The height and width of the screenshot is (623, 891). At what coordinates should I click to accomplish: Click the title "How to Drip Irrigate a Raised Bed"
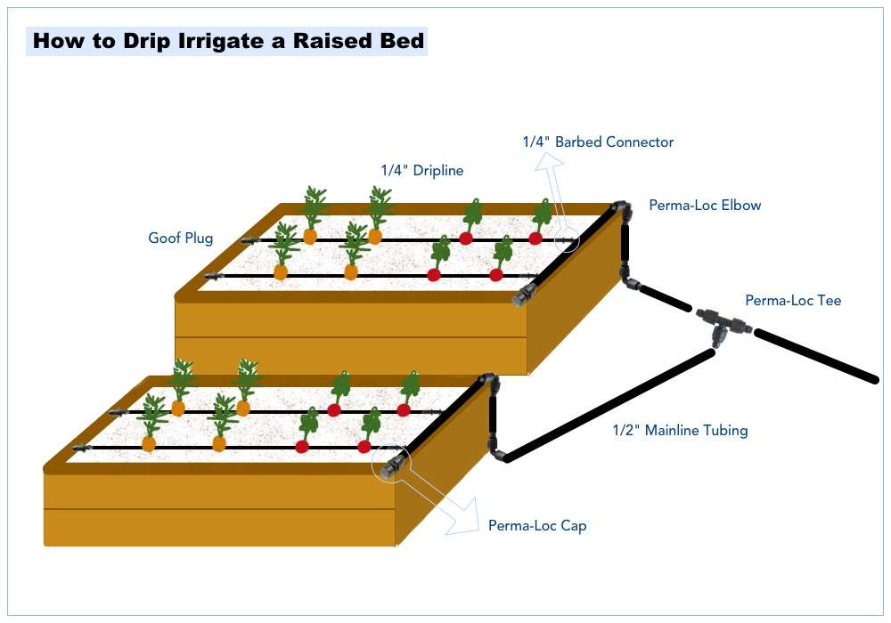pos(228,41)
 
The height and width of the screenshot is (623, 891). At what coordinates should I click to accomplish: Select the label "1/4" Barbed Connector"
pos(598,142)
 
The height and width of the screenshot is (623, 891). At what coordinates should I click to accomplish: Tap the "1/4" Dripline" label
pos(421,170)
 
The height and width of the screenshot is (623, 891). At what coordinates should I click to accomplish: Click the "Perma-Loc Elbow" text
pos(705,206)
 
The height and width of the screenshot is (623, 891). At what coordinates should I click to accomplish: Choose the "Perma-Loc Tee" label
pos(793,301)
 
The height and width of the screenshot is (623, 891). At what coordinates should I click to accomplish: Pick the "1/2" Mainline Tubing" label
pos(680,431)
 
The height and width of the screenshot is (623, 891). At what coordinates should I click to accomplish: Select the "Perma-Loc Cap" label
pos(537,526)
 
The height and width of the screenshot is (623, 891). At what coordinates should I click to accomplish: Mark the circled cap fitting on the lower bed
pos(389,465)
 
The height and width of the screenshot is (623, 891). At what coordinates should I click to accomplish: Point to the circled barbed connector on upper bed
pos(563,239)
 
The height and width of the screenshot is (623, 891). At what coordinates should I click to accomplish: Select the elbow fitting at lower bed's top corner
pos(489,381)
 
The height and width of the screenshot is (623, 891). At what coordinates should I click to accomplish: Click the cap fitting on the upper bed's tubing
pos(522,297)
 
